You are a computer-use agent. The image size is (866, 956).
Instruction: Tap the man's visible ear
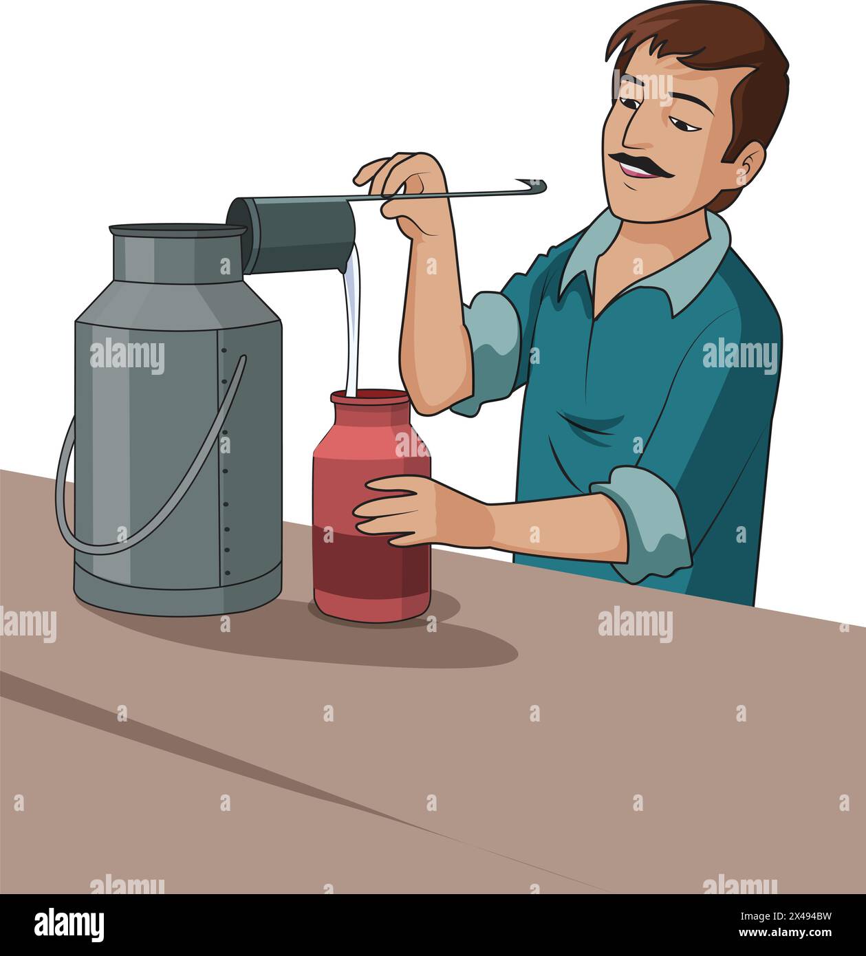pyautogui.click(x=748, y=169)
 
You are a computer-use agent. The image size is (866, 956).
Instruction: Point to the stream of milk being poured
pyautogui.click(x=352, y=323)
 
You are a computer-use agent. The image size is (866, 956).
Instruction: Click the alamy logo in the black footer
pyautogui.click(x=69, y=925)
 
